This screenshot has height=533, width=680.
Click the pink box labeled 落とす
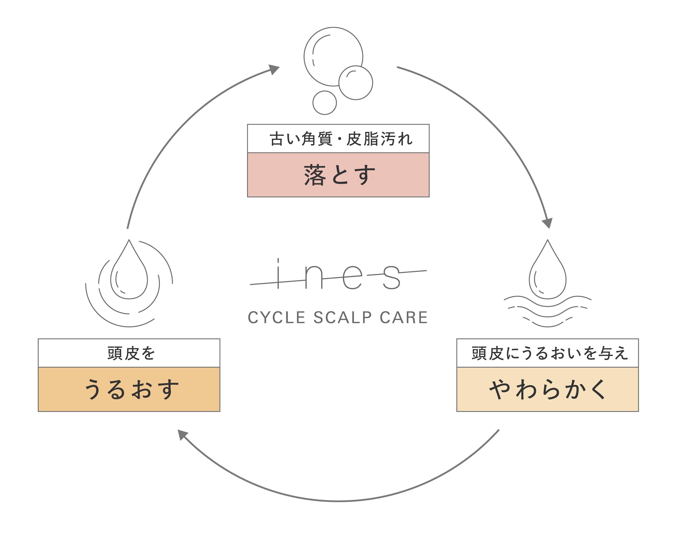coord(338,175)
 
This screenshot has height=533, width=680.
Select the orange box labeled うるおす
coord(129,389)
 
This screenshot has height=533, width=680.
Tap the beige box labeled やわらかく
coord(547,389)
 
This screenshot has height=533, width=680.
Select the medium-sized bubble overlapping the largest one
coord(356,83)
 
